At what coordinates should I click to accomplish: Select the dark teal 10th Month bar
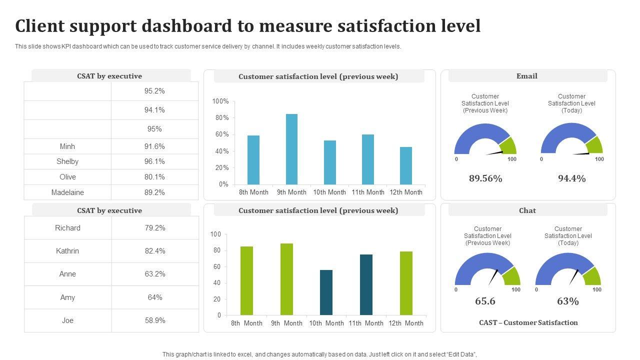(326, 292)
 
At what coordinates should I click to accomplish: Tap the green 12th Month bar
(406, 283)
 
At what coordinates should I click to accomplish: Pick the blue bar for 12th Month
(406, 165)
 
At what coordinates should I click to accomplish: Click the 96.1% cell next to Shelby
(154, 161)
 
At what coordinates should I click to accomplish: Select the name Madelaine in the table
(67, 192)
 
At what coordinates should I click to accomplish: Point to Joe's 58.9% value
(155, 320)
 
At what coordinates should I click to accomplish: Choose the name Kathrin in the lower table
(67, 251)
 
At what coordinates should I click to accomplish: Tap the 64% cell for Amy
(155, 297)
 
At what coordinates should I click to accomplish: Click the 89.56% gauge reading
(485, 178)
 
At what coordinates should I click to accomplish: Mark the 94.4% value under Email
(571, 178)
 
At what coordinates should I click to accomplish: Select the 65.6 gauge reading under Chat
(485, 301)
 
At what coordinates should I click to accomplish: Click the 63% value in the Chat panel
(568, 301)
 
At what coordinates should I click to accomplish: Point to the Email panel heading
(527, 76)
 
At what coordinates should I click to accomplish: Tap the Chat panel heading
(527, 210)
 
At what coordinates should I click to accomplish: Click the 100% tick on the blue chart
(220, 101)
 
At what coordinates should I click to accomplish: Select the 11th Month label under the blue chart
(368, 192)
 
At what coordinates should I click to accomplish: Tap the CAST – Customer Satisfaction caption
(528, 322)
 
